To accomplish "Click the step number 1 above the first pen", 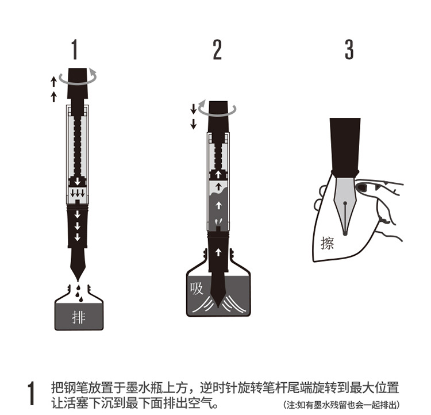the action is coord(75,49).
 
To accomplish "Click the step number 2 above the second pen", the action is coord(217,49).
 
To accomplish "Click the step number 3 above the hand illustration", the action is coord(349,49).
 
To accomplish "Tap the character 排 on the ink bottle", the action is coord(79,317).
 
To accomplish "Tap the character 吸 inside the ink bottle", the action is coord(197,289).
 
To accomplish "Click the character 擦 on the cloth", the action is coord(327,243).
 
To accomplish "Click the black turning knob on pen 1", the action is coord(78,83).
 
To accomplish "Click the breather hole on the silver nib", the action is coord(345,203).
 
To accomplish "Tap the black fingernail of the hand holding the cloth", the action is coord(361,187).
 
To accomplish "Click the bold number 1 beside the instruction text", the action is coord(32,393).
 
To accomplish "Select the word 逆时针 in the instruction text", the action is coord(218,388).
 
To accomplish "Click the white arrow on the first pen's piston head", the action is coord(78,181).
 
